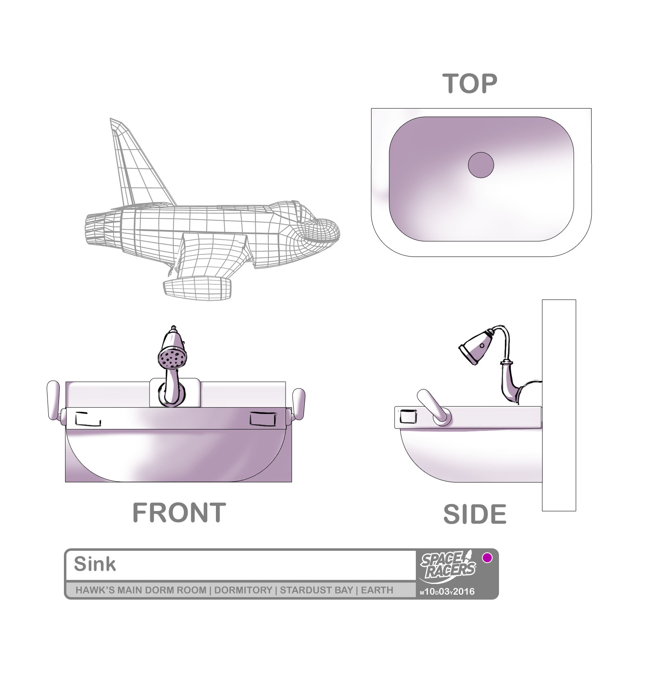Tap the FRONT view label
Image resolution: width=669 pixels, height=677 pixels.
tap(179, 512)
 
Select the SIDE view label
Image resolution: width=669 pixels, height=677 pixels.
tap(475, 514)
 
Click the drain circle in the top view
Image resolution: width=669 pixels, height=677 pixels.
tap(481, 165)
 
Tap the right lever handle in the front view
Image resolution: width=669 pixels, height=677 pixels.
tap(298, 404)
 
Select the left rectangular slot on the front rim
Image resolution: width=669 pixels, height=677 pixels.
tap(88, 418)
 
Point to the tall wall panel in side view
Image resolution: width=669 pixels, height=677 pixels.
tap(559, 405)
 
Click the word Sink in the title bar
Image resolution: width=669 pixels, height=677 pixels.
tap(95, 565)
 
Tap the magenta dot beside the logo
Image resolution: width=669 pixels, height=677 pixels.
tap(487, 558)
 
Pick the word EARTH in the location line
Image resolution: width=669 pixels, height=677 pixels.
tap(377, 590)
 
